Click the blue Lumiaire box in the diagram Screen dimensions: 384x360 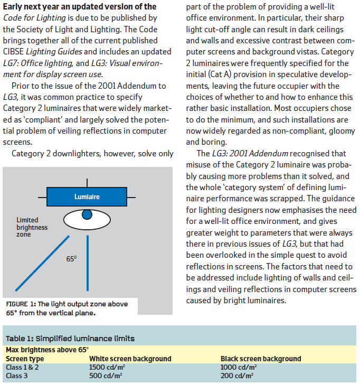coord(87,197)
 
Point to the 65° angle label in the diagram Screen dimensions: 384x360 coord(71,259)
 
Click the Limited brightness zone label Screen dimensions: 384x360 coord(32,227)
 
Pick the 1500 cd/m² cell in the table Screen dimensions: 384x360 coord(107,367)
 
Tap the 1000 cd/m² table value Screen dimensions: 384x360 coord(239,367)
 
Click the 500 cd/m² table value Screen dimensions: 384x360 coord(106,376)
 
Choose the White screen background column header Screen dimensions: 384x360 coord(130,359)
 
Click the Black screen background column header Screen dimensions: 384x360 coord(261,359)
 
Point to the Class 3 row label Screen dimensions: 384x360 coord(18,376)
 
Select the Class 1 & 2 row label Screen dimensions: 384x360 coord(23,367)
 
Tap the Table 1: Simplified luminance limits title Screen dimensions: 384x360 coord(70,339)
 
